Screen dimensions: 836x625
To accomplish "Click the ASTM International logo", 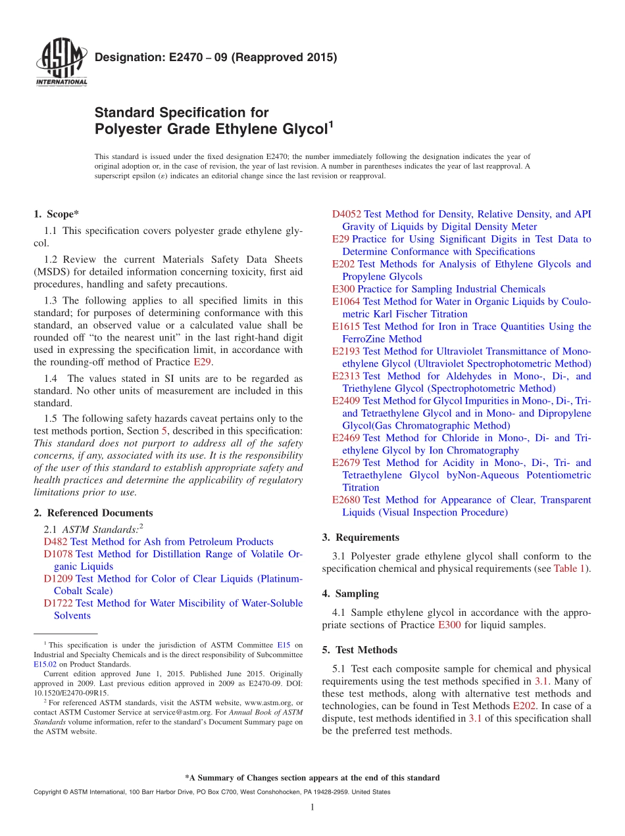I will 61,62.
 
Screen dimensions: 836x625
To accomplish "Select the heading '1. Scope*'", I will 57,214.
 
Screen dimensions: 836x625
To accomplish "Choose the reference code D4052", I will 346,214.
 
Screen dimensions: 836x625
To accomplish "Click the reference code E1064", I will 346,302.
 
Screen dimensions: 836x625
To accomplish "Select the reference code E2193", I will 346,352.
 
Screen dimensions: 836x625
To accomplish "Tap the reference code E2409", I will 346,400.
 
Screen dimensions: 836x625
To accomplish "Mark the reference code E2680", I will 346,500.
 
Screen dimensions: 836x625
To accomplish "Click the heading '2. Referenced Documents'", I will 93,513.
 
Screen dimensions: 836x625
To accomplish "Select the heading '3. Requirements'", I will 361,538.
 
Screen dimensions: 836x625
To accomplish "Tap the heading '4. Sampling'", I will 350,593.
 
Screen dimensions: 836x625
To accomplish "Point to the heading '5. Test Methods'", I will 359,650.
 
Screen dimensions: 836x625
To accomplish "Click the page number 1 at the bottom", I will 312,807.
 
